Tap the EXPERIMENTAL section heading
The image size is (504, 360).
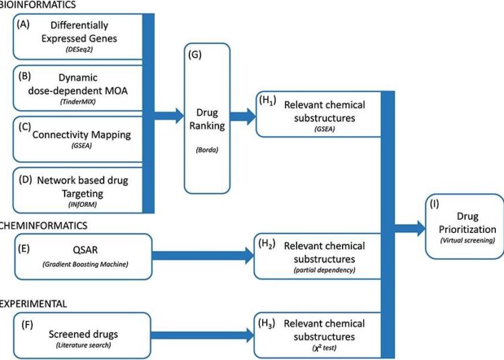tap(34, 304)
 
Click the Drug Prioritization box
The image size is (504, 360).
tap(464, 226)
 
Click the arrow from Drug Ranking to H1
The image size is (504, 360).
tap(242, 116)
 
